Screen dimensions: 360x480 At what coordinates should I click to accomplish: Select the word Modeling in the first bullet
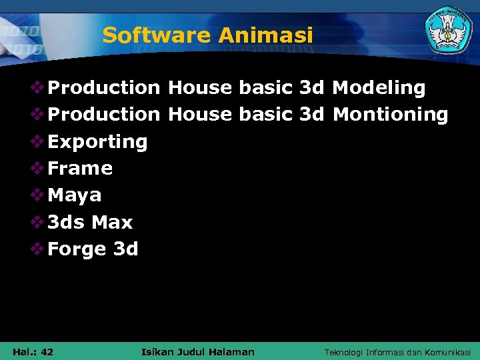coord(379,88)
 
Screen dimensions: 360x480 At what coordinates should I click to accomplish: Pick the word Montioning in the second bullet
coord(390,115)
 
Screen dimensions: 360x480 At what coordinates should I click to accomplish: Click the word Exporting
coord(97,142)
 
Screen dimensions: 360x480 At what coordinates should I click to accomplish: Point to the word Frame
coord(80,169)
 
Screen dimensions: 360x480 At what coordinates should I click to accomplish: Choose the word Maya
coord(75,196)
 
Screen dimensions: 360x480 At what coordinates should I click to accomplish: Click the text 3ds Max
coord(90,222)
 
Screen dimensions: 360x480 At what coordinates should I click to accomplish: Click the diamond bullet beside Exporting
coord(38,141)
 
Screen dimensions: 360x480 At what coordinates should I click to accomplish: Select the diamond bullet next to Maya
coord(38,195)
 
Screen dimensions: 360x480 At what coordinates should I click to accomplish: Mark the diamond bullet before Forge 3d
coord(38,249)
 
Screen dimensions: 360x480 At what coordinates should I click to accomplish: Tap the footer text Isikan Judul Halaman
coord(198,352)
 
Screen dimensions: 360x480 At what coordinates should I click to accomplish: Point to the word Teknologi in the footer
coord(343,352)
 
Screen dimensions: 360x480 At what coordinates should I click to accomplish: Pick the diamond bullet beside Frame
coord(38,168)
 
